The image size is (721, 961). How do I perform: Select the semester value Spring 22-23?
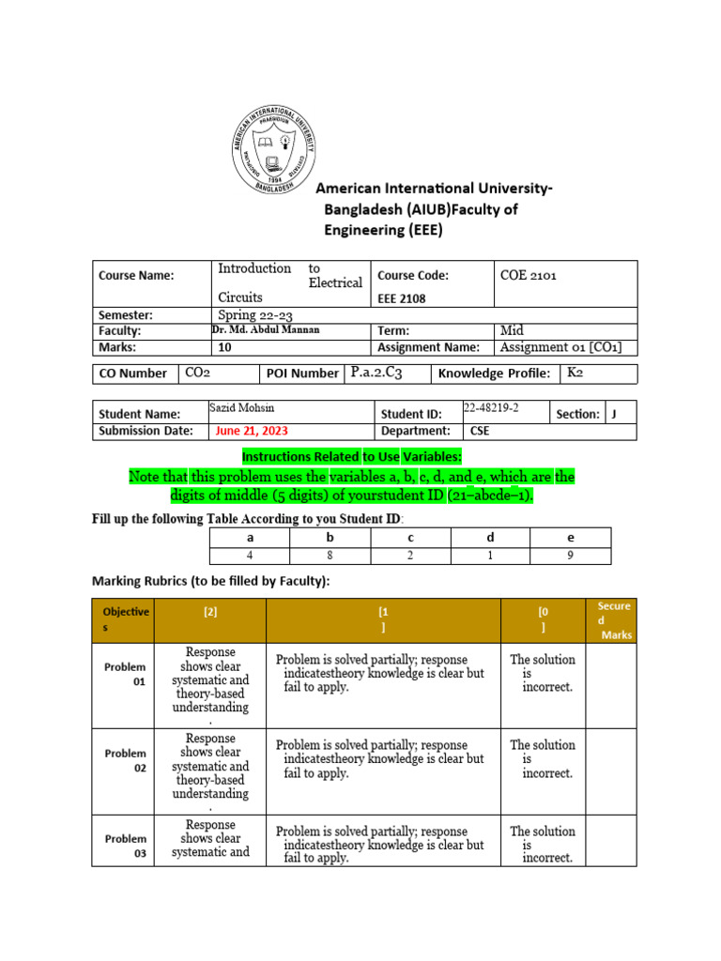click(x=255, y=315)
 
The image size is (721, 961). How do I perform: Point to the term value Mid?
click(x=514, y=331)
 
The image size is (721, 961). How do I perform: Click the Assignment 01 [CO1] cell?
click(x=561, y=347)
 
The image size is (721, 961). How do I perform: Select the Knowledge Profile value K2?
click(x=574, y=373)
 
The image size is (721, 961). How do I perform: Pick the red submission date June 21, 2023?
click(x=252, y=431)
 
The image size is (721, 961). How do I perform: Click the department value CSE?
click(x=480, y=431)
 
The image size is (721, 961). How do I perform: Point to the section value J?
click(x=614, y=413)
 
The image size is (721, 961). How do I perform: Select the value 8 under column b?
click(x=330, y=556)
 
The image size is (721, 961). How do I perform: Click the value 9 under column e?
click(x=570, y=556)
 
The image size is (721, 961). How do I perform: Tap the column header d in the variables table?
click(x=490, y=538)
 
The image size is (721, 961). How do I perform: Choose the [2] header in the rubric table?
click(x=210, y=612)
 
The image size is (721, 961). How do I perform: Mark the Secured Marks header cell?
click(x=614, y=620)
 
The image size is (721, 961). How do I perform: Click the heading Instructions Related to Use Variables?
click(x=351, y=456)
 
